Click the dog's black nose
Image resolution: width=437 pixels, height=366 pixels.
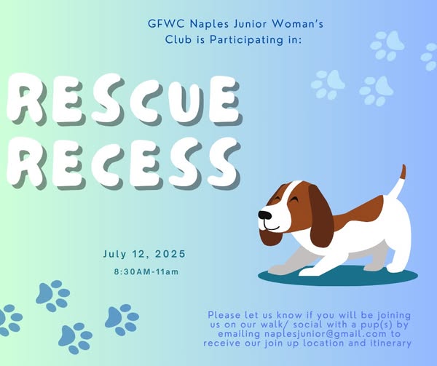pyautogui.click(x=264, y=215)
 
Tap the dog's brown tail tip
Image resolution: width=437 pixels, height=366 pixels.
pyautogui.click(x=403, y=172)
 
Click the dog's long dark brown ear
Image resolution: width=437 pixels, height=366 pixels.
pyautogui.click(x=320, y=216)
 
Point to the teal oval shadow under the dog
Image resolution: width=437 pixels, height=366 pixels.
pyautogui.click(x=338, y=276)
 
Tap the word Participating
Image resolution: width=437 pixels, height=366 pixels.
pyautogui.click(x=246, y=40)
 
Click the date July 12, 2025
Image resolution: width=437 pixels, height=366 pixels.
pyautogui.click(x=144, y=254)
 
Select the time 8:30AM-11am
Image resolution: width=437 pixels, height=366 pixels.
pyautogui.click(x=146, y=271)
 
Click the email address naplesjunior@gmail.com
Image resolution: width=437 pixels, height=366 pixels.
pyautogui.click(x=326, y=334)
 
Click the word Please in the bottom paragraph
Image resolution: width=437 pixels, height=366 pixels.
pyautogui.click(x=224, y=315)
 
